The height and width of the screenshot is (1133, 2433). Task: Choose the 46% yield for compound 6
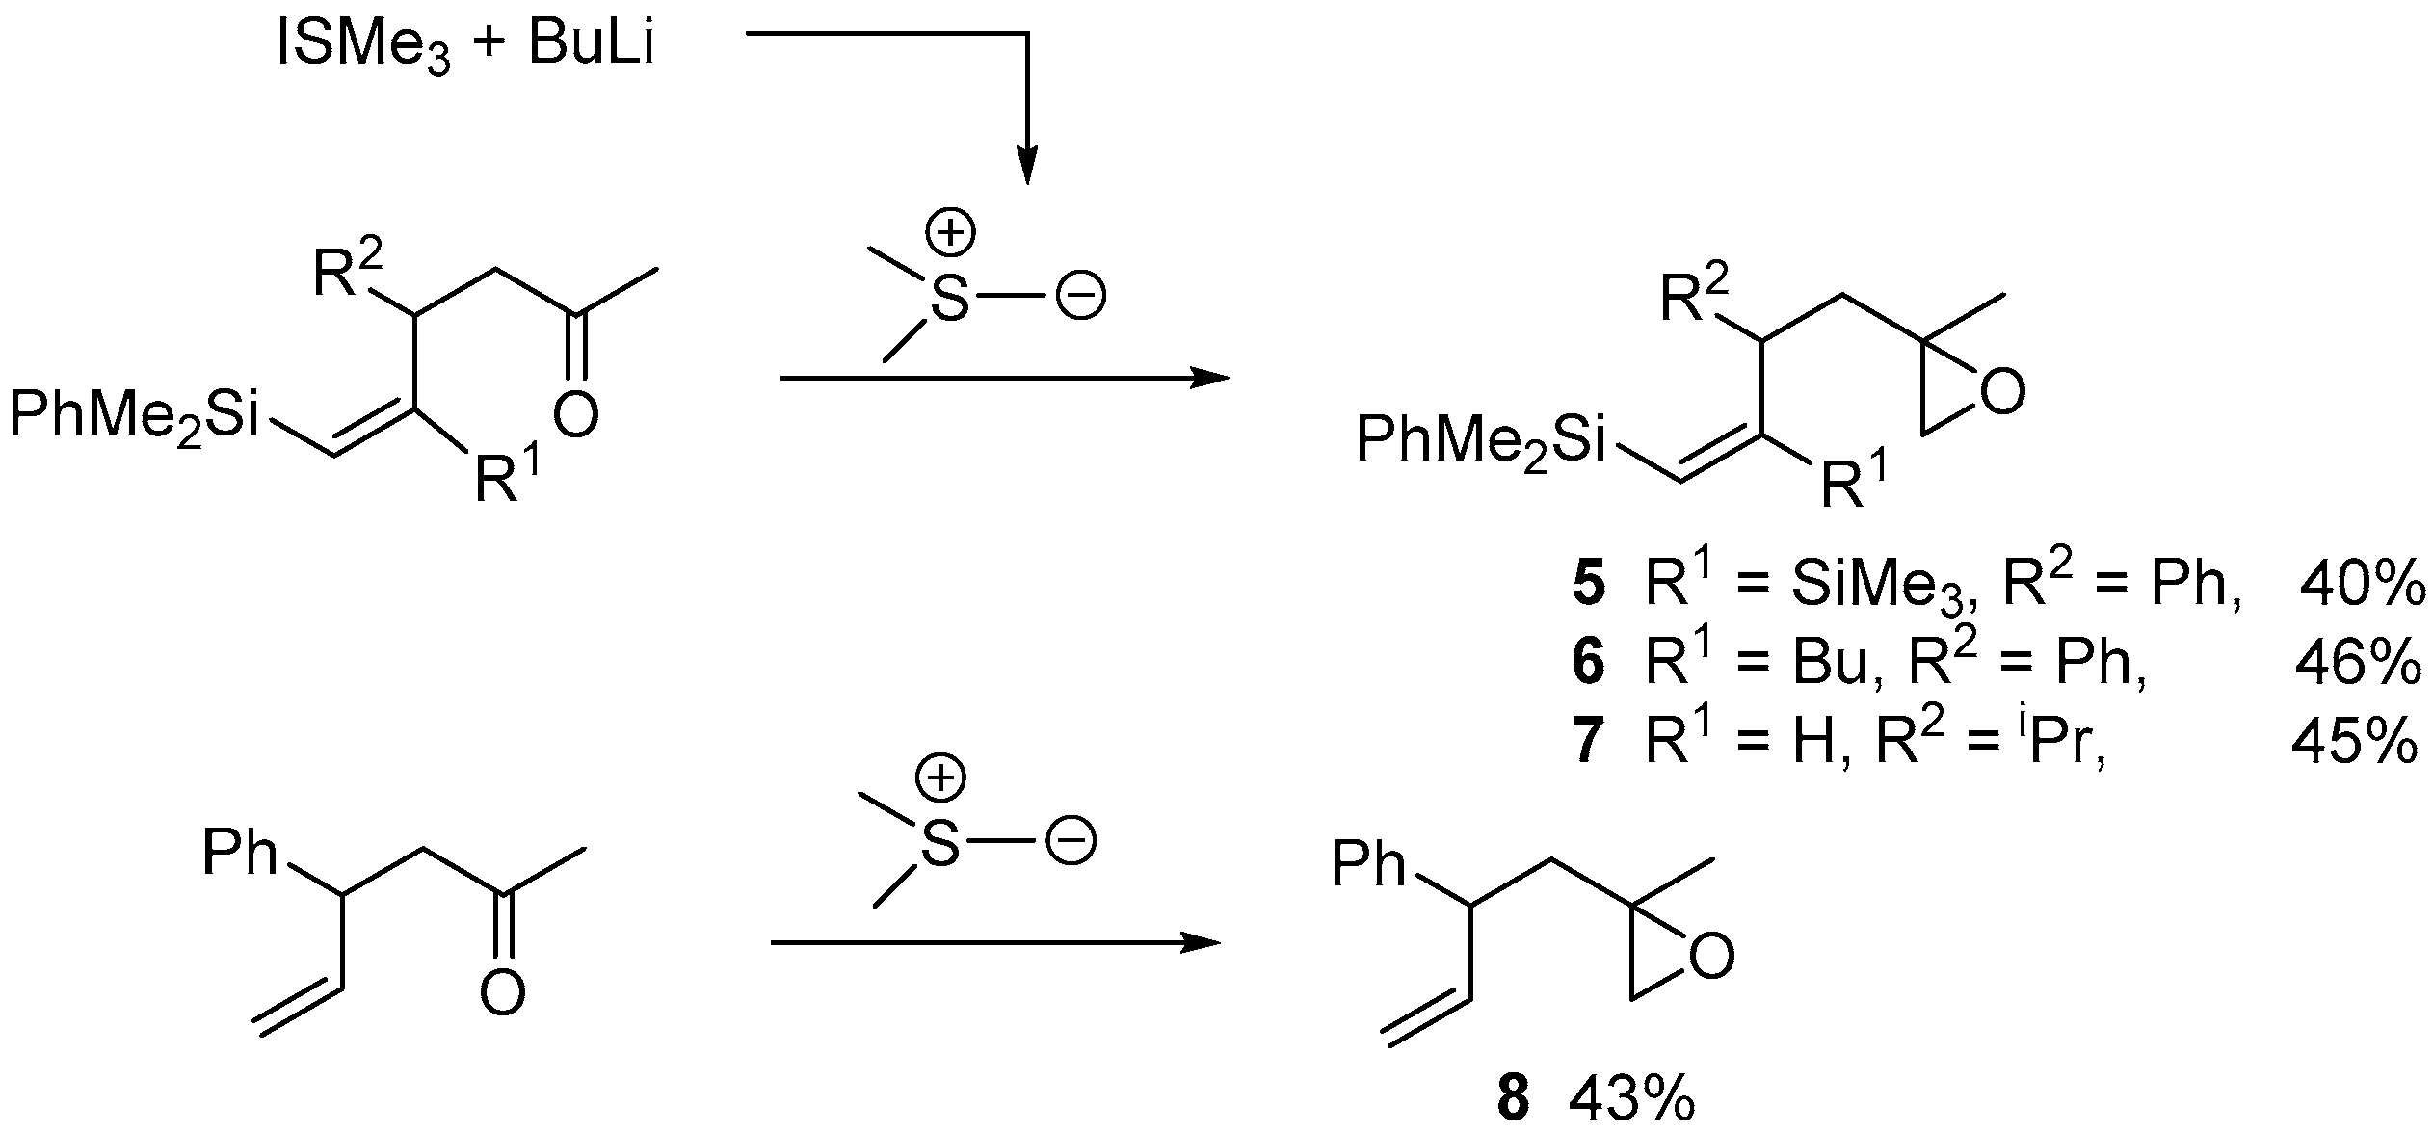click(x=2358, y=663)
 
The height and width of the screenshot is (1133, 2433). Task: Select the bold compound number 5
click(x=1589, y=587)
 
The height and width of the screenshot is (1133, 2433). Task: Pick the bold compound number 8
click(x=1515, y=1098)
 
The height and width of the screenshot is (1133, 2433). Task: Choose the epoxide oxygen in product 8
click(x=1712, y=958)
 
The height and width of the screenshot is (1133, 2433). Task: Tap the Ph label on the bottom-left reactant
click(x=240, y=855)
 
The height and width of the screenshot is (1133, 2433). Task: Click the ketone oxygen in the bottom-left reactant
click(x=502, y=992)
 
